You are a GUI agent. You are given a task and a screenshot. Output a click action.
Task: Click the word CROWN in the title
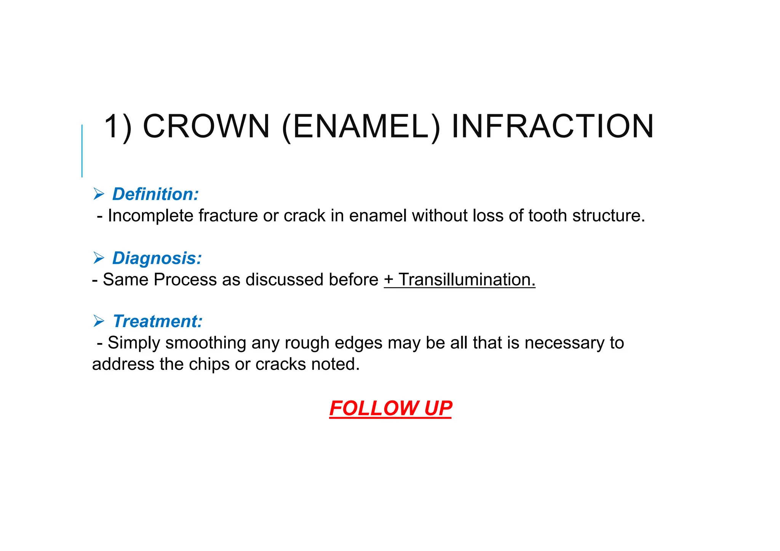206,126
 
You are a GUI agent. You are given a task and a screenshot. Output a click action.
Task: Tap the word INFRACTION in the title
552,126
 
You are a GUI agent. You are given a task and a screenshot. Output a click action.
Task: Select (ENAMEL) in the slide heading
361,127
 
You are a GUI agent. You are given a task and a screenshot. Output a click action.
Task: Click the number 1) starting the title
118,127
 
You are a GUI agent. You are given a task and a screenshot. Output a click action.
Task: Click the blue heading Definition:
155,194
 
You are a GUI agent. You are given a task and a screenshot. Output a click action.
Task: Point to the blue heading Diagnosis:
157,258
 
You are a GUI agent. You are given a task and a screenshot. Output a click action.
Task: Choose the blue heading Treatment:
157,321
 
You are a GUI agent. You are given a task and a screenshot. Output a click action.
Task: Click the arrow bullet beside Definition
99,195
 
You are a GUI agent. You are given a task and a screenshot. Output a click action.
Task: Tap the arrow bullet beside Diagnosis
99,258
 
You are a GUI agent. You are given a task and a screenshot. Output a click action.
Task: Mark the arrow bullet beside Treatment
99,321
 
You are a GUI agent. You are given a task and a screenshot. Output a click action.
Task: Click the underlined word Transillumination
467,280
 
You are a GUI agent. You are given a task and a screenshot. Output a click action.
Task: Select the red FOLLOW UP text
390,409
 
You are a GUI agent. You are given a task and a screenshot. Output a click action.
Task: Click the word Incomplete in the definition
150,216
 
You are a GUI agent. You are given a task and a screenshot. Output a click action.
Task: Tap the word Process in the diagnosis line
185,280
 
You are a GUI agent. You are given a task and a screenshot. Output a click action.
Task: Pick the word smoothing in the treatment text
206,343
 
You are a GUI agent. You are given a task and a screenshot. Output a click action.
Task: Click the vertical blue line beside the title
82,151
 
